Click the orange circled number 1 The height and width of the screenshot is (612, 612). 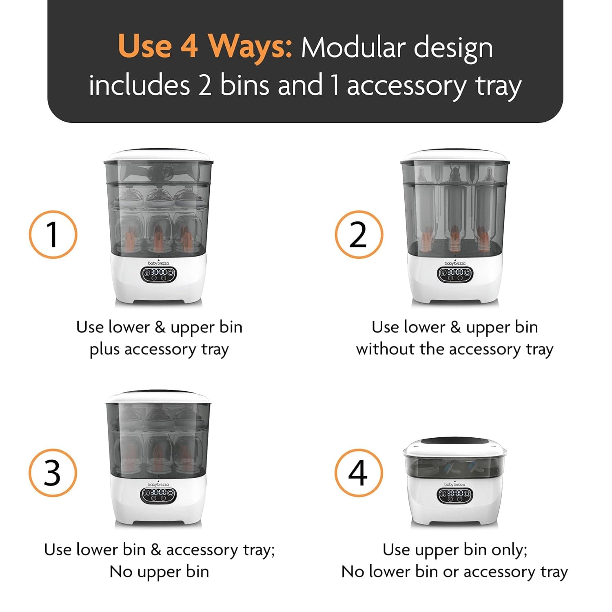(53, 235)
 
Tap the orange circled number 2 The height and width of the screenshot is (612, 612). (359, 235)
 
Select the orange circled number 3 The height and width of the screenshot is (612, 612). (53, 473)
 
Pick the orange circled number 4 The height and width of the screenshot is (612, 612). (359, 473)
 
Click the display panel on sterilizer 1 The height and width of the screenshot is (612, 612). (158, 274)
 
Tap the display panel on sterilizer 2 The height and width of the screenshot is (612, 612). (455, 273)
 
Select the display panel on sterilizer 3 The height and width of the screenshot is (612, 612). (158, 494)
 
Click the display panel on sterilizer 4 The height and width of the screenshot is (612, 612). (455, 495)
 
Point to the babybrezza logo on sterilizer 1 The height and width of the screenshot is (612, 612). (158, 263)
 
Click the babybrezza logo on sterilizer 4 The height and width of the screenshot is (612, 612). (455, 484)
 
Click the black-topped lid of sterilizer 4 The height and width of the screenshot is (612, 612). (455, 445)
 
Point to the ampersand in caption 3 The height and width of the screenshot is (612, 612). (156, 550)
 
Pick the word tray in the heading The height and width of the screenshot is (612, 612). (498, 86)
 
